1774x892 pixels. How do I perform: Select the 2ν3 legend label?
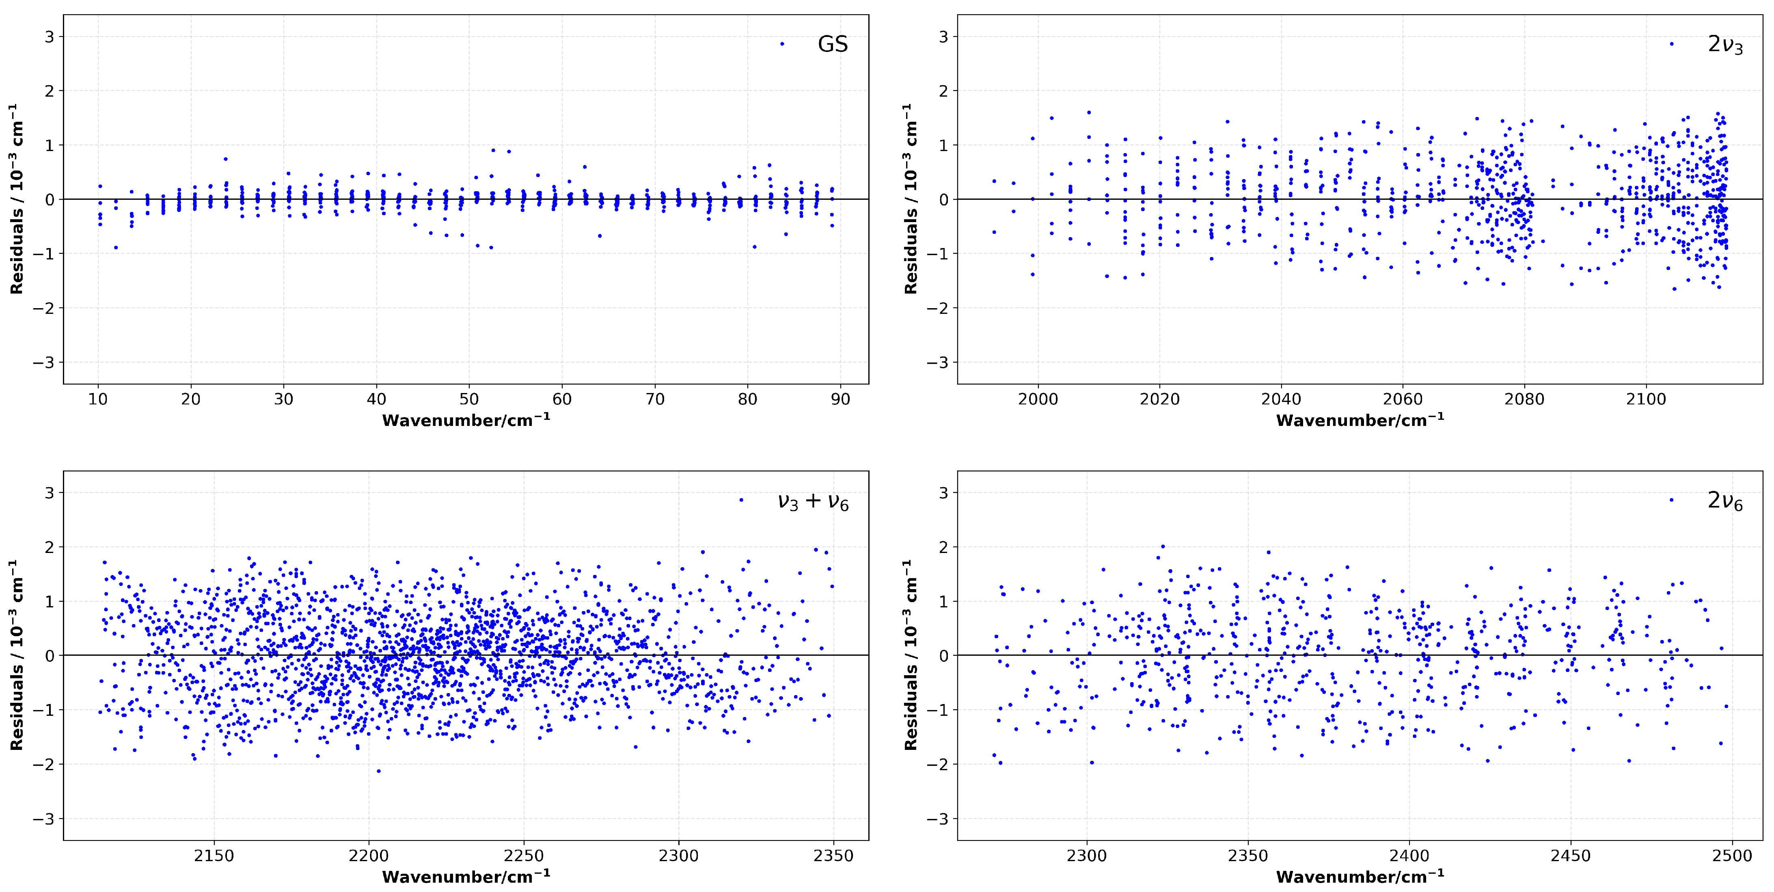click(x=1725, y=45)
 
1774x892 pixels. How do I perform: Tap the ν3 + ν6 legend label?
click(x=813, y=501)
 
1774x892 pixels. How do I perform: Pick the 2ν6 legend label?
click(x=1725, y=501)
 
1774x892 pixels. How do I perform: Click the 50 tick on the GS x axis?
click(x=469, y=400)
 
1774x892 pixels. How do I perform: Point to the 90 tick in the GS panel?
click(x=840, y=400)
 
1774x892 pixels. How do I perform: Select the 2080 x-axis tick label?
click(x=1525, y=400)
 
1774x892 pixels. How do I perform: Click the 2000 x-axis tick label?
click(x=1038, y=400)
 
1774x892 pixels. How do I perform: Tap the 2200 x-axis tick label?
click(x=369, y=856)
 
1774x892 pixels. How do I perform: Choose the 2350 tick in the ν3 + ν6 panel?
click(x=834, y=856)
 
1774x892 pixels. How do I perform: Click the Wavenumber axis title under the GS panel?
click(x=466, y=420)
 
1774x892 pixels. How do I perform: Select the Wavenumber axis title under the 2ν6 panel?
click(x=1360, y=877)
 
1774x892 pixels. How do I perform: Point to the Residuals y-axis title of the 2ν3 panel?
click(x=911, y=199)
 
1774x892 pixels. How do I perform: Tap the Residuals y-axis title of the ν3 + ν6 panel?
click(x=17, y=655)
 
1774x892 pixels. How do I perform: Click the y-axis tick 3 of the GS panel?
click(x=49, y=37)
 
